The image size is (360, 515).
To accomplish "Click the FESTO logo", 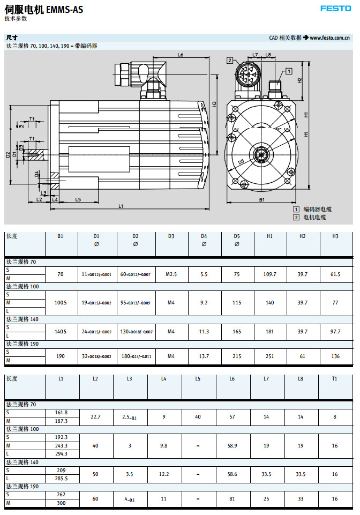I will click(x=336, y=8).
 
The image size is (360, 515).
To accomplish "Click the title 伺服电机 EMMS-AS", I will click(x=43, y=9).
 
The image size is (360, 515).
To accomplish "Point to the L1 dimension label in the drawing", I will click(x=121, y=206).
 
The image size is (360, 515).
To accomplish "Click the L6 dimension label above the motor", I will click(x=181, y=56).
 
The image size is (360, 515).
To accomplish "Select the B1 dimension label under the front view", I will click(x=262, y=200).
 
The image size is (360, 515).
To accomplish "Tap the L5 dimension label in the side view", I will click(x=78, y=199).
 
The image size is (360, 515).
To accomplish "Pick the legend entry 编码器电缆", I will click(x=317, y=210).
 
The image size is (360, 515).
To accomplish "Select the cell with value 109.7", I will click(x=269, y=274).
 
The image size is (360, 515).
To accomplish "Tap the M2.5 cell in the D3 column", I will click(x=171, y=274).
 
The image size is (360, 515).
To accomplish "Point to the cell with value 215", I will click(x=237, y=356).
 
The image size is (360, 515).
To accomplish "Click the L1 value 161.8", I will click(x=61, y=412).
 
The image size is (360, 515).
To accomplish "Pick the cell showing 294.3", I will click(x=61, y=453).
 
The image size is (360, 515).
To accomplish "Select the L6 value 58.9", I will click(x=232, y=445).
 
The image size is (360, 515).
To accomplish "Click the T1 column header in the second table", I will click(x=335, y=379).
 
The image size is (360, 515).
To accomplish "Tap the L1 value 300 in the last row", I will click(x=61, y=503).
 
